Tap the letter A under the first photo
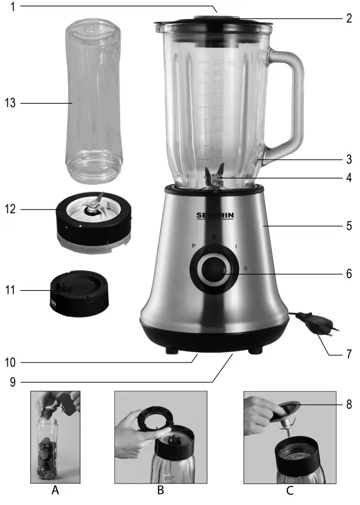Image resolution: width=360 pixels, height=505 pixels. pyautogui.click(x=56, y=491)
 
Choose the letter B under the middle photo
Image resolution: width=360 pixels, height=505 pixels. pyautogui.click(x=160, y=491)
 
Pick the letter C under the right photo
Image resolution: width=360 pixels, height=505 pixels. pyautogui.click(x=290, y=491)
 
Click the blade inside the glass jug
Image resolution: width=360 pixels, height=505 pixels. pyautogui.click(x=215, y=175)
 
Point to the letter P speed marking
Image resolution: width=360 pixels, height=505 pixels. pyautogui.click(x=194, y=245)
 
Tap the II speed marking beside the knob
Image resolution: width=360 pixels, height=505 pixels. pyautogui.click(x=245, y=269)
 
